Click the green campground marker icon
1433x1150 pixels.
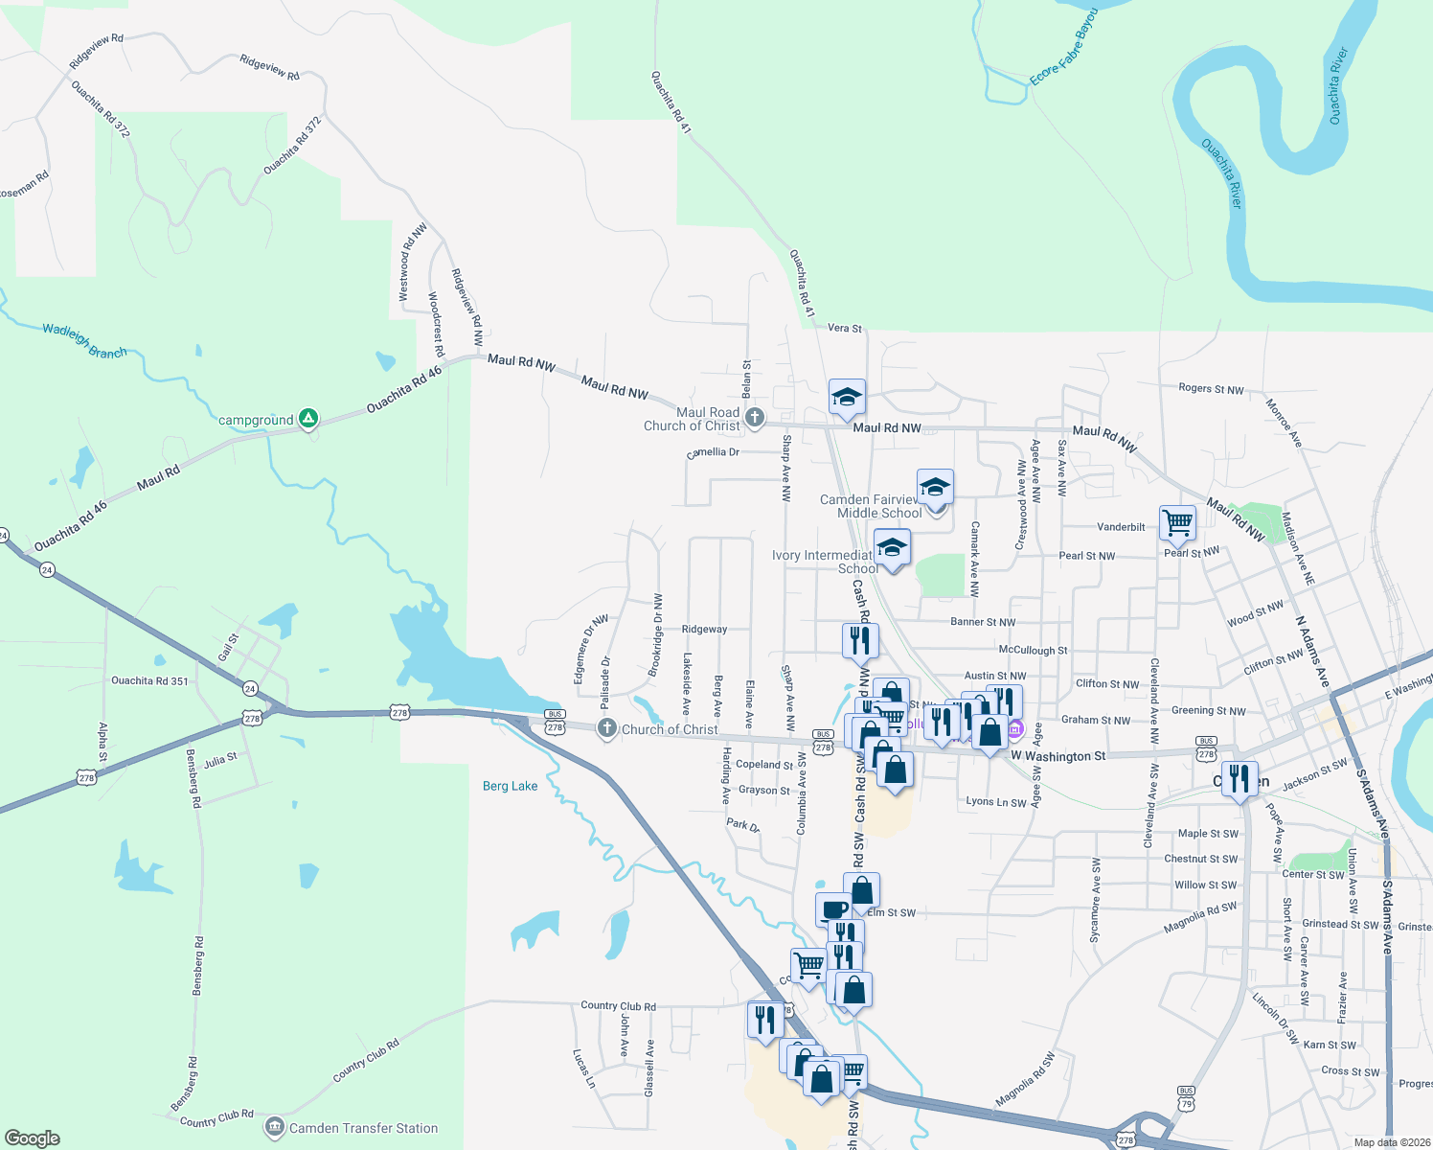tap(307, 419)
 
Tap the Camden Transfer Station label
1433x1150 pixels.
tap(363, 1128)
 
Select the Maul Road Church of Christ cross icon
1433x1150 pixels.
tap(755, 418)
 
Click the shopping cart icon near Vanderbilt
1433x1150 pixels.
tap(1177, 523)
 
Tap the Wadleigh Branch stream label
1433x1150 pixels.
tap(84, 341)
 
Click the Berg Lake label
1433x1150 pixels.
tap(510, 786)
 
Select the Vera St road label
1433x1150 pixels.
tap(844, 328)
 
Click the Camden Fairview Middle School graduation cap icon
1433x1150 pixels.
tap(935, 488)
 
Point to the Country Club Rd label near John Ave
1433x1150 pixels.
tap(618, 1006)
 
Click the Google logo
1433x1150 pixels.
tap(33, 1138)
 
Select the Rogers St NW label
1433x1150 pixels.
tap(1211, 389)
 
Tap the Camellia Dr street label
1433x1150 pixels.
tap(714, 452)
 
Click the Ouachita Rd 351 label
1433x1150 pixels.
tap(149, 681)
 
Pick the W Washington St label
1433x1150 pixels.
tap(1058, 756)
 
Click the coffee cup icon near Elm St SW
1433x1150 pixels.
tap(833, 908)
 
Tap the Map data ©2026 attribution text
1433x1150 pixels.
tap(1388, 1142)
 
